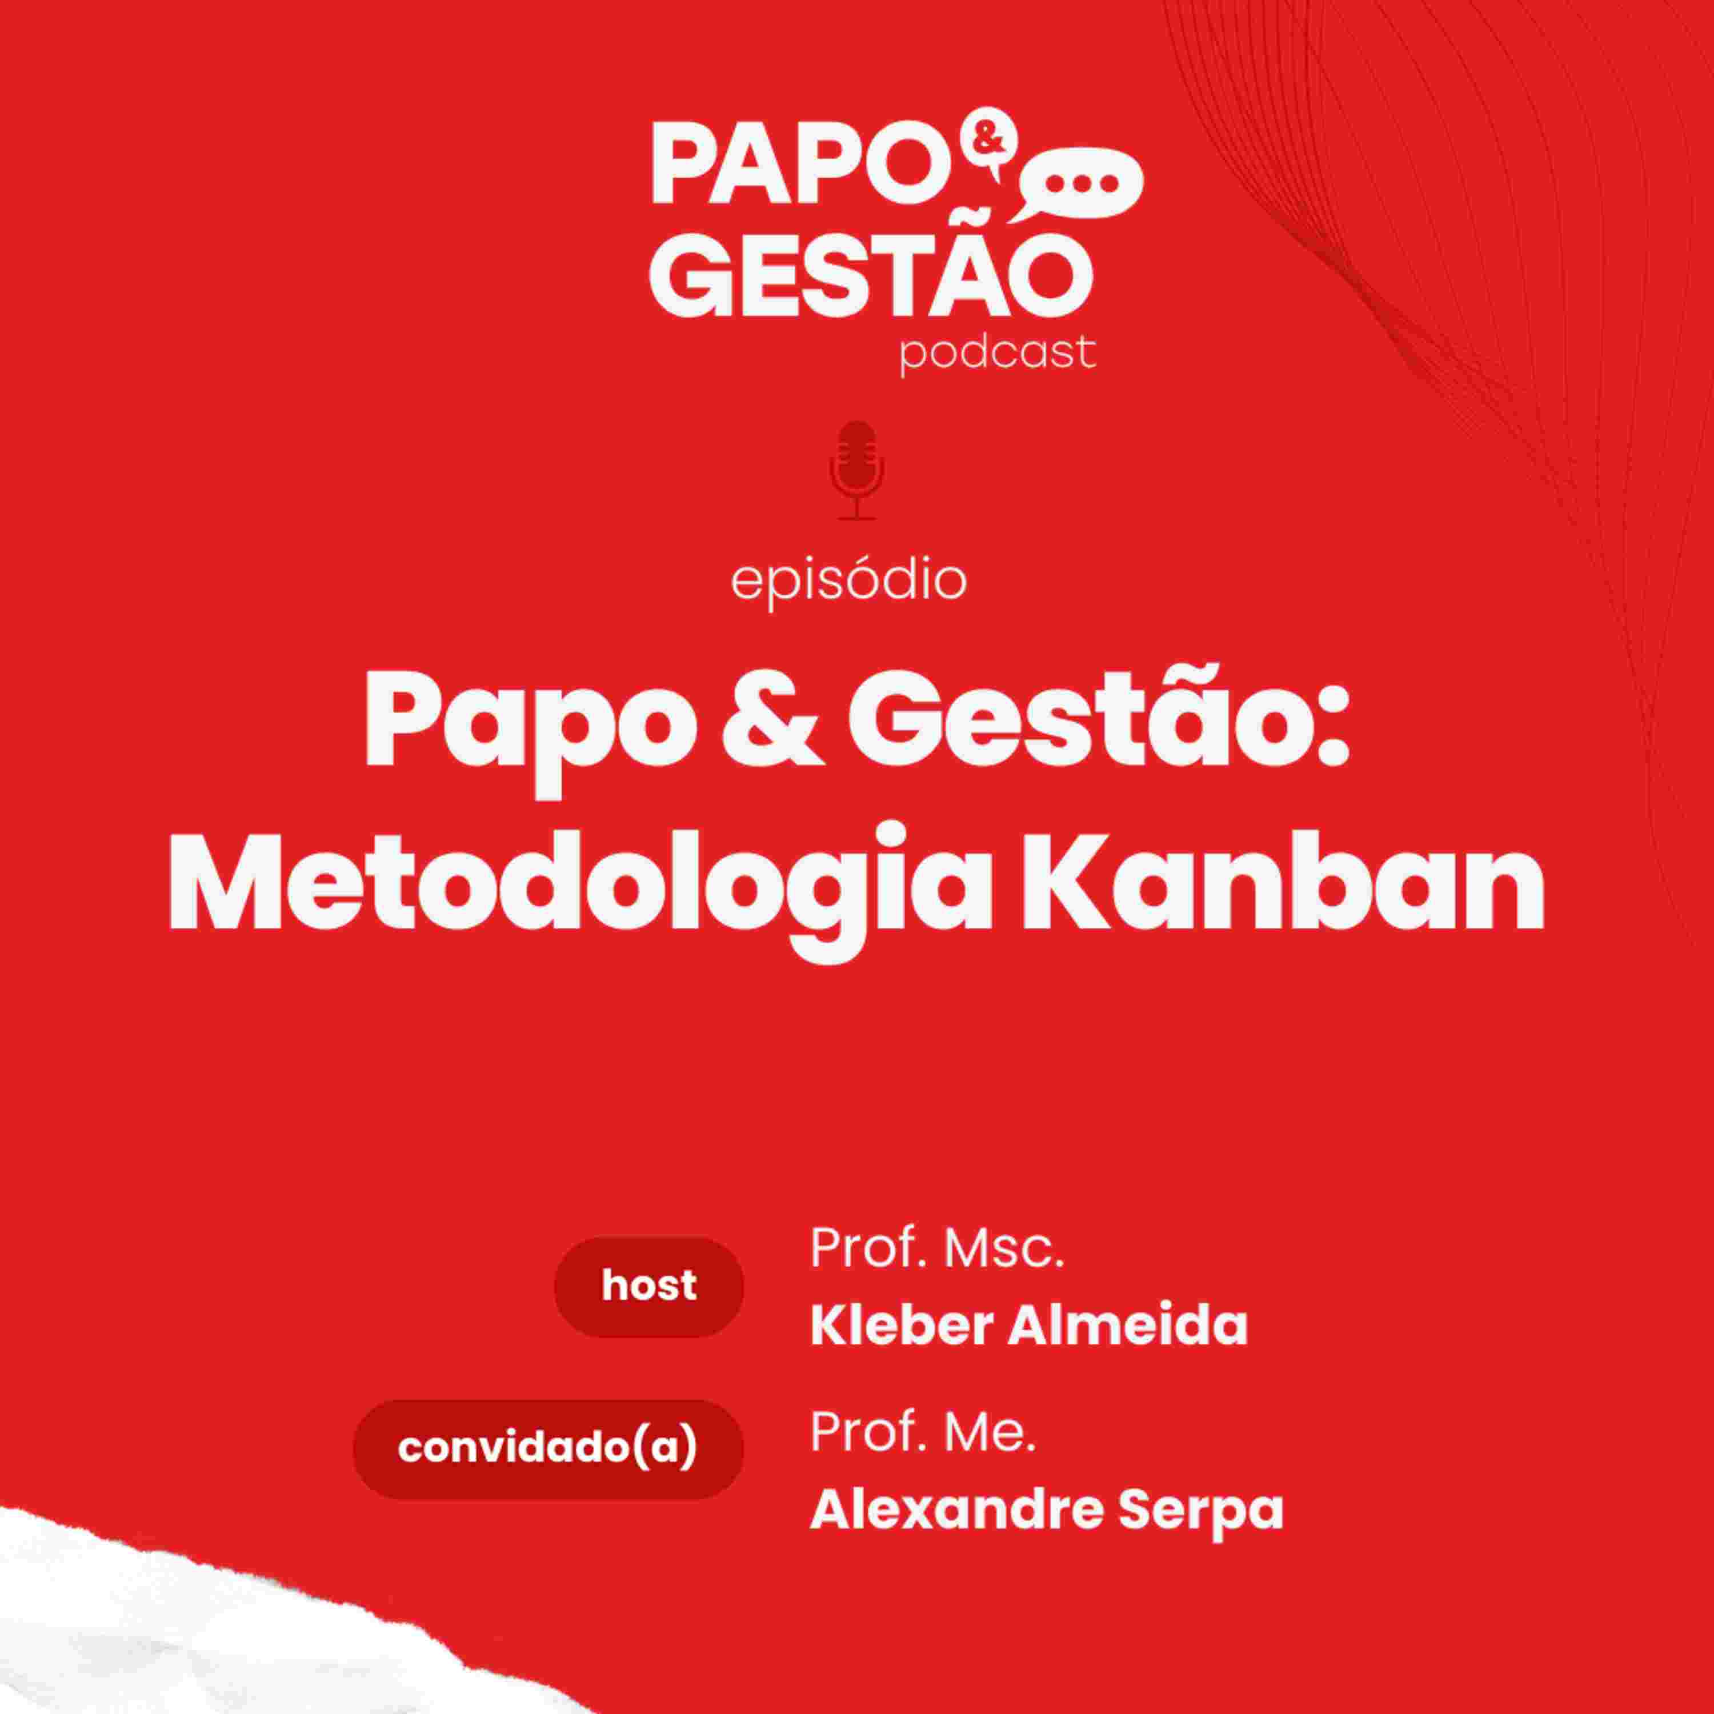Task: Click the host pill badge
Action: [648, 1287]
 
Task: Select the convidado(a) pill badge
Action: [547, 1449]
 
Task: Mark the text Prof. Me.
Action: [923, 1409]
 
